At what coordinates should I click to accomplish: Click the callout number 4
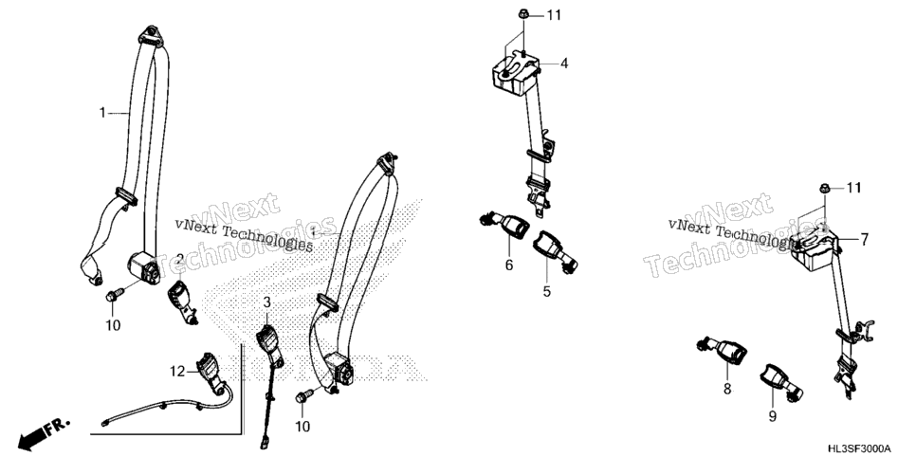tap(564, 64)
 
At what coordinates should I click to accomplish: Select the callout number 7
tap(864, 239)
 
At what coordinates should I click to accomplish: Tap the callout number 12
tap(177, 371)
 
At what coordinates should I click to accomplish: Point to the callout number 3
tap(267, 302)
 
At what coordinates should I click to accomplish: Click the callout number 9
tap(772, 416)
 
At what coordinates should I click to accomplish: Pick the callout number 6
tap(509, 265)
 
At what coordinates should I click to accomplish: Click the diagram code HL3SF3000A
tap(859, 448)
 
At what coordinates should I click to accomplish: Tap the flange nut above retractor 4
tap(523, 14)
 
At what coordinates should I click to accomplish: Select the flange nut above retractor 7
tap(825, 188)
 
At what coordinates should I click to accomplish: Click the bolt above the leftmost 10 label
tap(115, 294)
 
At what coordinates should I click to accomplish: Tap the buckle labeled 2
tap(183, 301)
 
